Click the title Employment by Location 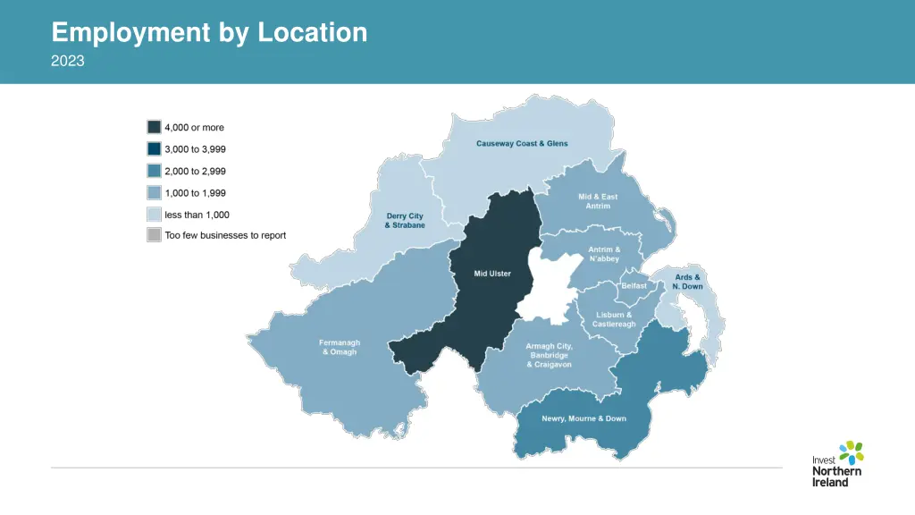(209, 33)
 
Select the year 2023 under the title (68, 61)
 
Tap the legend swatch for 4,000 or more (154, 128)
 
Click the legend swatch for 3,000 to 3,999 (154, 149)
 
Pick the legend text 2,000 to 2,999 (195, 171)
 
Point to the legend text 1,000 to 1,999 (195, 193)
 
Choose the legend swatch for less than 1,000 (154, 215)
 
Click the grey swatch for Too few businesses (154, 236)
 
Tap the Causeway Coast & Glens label (522, 144)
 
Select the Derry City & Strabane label (405, 220)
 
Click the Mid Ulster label (492, 274)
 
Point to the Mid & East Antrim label (598, 201)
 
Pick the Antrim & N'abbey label (604, 254)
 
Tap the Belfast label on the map (634, 285)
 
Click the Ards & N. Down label (687, 282)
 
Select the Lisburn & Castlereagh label (614, 319)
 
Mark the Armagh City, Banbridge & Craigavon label (549, 355)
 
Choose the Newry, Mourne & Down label (583, 418)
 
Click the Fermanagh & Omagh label (340, 347)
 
